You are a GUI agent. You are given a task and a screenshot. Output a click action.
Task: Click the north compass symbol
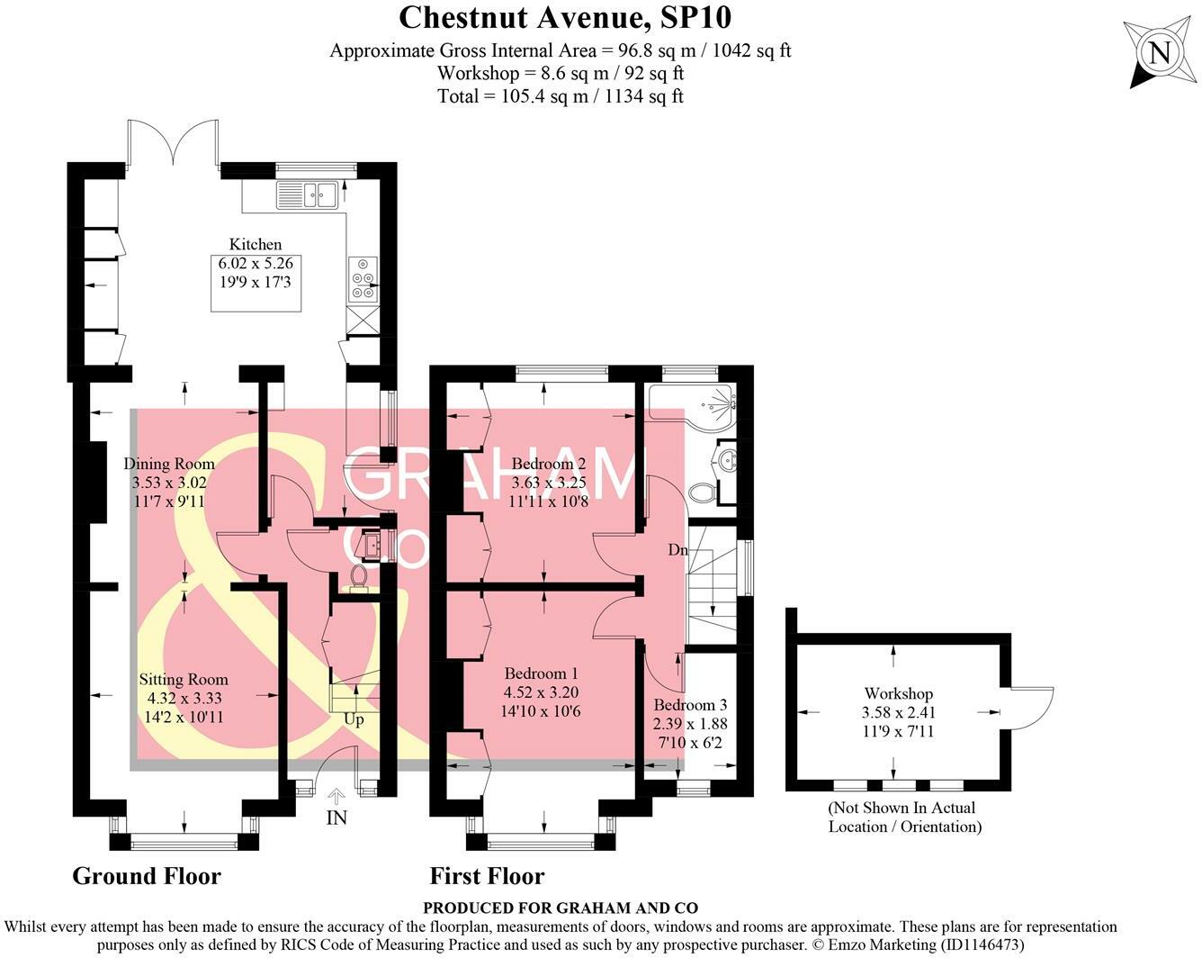pos(1159,53)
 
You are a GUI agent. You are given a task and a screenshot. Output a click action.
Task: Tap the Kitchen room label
pos(256,244)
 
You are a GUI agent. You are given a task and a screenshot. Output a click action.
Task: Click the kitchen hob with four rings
pos(363,278)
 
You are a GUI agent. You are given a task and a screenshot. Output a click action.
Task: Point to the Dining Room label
pos(169,465)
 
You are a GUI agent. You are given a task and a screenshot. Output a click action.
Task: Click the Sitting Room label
pos(184,680)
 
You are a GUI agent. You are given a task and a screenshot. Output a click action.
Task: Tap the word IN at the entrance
pos(336,818)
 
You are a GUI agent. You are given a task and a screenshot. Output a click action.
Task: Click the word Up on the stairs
pos(354,719)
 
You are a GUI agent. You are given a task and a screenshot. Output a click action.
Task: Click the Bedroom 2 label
pos(549,465)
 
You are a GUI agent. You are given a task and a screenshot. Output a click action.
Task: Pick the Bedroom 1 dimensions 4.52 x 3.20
pos(542,692)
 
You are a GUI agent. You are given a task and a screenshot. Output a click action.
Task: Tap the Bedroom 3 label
pos(690,705)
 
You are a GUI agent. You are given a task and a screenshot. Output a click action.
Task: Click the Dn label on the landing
pos(677,549)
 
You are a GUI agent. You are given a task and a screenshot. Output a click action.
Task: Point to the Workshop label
pos(898,693)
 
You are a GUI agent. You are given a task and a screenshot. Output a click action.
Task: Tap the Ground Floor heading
pos(146,876)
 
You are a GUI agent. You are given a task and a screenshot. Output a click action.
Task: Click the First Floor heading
pos(487,876)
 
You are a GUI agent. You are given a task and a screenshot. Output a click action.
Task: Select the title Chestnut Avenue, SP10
pos(559,17)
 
